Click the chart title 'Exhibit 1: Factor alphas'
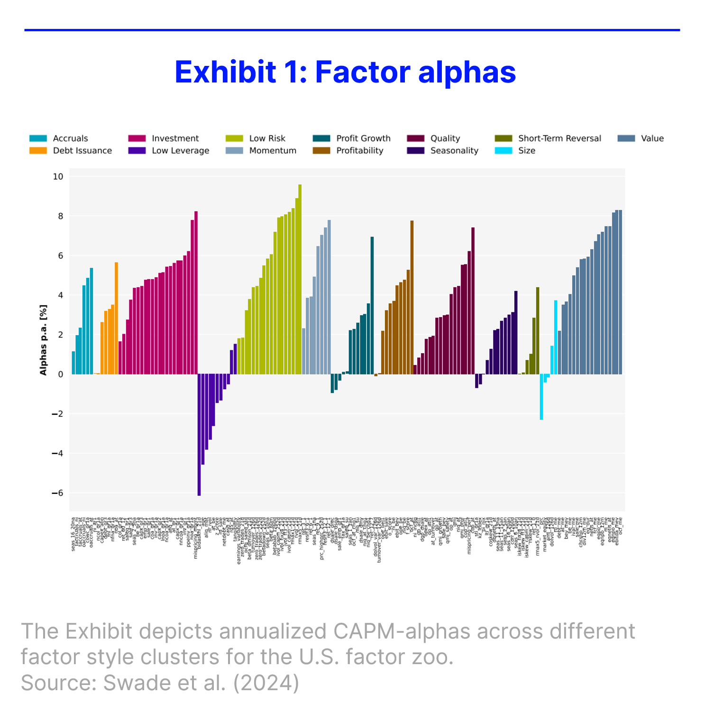click(x=345, y=72)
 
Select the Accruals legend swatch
click(x=38, y=138)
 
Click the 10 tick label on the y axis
click(x=58, y=176)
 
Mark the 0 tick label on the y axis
click(x=60, y=374)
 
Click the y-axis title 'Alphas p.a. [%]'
click(x=44, y=340)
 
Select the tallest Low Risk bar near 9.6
click(x=300, y=280)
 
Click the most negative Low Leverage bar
click(x=199, y=435)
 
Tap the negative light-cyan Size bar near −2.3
click(x=541, y=397)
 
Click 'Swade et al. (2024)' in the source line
click(x=201, y=683)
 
